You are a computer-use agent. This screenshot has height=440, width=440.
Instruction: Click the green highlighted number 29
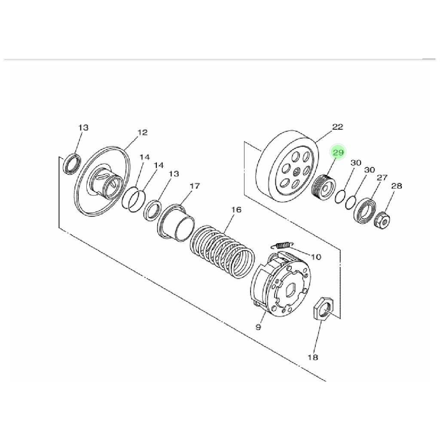coord(338,153)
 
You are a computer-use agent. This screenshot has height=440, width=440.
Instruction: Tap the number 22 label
coord(338,127)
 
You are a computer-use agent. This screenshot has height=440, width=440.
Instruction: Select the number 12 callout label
coord(143,132)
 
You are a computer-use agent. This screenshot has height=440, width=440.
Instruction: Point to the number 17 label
coord(195,186)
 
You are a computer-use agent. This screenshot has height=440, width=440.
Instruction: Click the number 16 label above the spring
coord(236,210)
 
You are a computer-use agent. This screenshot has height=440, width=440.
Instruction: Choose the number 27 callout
coord(382,177)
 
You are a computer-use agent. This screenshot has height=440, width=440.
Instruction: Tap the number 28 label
coord(397,186)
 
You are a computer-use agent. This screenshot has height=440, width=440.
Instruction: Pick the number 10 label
coord(316,257)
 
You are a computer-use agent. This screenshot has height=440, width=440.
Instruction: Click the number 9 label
coord(258,327)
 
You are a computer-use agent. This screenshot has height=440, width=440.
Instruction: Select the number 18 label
coord(313,357)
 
